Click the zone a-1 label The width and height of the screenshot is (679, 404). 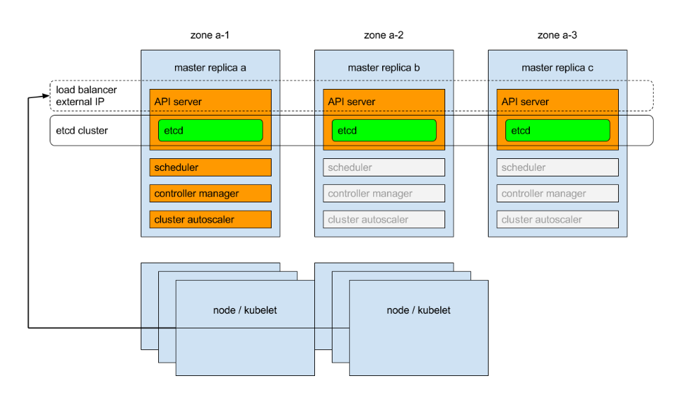tap(210, 35)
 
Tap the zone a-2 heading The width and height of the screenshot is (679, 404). tap(384, 35)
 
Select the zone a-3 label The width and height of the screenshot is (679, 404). tap(557, 35)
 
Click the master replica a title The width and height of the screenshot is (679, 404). tap(210, 67)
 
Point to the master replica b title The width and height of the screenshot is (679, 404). tap(384, 67)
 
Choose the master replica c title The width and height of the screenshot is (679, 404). tap(557, 67)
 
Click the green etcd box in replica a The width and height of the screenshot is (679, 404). tap(211, 130)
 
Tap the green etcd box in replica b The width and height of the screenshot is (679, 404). tap(384, 130)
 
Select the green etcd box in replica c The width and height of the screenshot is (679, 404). tap(558, 130)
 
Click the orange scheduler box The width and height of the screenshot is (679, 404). tap(211, 167)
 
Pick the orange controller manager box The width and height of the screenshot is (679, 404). tap(211, 193)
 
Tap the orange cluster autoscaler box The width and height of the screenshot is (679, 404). tap(211, 219)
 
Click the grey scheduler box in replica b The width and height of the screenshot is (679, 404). tap(384, 167)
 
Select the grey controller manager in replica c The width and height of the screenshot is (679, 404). tap(558, 193)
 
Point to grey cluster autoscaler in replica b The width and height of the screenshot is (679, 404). tap(384, 219)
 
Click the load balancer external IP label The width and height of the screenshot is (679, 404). tap(86, 96)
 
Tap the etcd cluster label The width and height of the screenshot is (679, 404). tap(82, 130)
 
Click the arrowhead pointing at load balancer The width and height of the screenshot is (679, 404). tap(46, 96)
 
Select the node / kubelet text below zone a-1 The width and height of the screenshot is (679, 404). tap(245, 310)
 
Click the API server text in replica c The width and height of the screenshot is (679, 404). tap(525, 102)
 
